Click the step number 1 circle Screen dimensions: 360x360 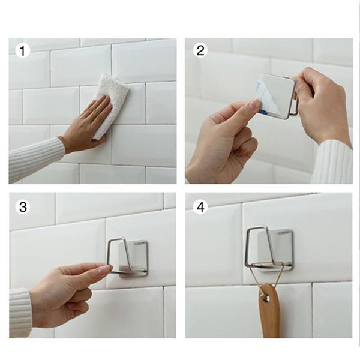[23, 50]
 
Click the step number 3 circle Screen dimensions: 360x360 [23, 207]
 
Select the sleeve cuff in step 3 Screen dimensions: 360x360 [21, 312]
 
